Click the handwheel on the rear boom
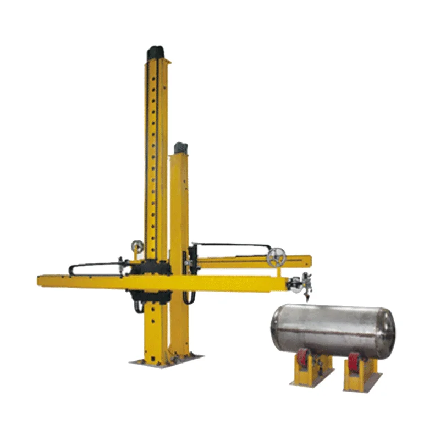click(276, 257)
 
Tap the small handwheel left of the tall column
click(137, 246)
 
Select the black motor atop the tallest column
click(156, 53)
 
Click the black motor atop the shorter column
click(180, 148)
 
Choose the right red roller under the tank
click(354, 362)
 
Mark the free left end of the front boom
click(42, 280)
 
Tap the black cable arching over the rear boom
click(231, 244)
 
